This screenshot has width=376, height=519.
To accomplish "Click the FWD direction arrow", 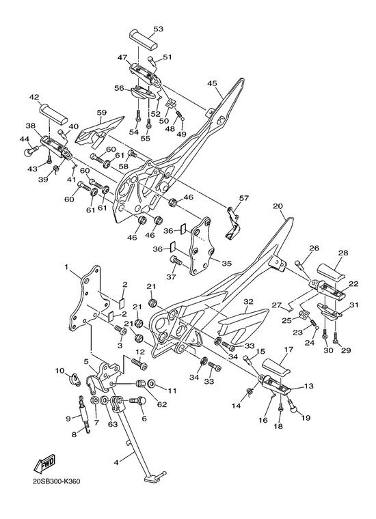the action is (44, 464).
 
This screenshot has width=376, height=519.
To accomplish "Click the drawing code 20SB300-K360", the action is (56, 481).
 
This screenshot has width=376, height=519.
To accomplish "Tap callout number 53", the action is (158, 29).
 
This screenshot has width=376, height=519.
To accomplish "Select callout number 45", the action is (212, 83).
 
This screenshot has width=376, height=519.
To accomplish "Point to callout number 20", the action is (278, 206).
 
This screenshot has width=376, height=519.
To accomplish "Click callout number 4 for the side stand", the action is (116, 462).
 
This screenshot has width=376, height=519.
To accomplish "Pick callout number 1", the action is (66, 268).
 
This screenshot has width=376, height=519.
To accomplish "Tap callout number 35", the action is (226, 264).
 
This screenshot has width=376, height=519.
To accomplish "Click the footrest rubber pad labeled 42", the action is (53, 114).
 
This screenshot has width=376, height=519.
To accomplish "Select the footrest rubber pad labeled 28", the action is (332, 272).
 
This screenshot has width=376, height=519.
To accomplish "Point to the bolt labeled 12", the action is (139, 363).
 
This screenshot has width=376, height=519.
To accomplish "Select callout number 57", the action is (244, 198).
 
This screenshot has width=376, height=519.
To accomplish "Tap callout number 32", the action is (248, 302).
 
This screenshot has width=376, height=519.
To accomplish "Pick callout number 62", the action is (162, 404).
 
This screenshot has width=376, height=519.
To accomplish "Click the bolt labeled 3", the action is (121, 330).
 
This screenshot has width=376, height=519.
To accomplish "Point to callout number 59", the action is (102, 113).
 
